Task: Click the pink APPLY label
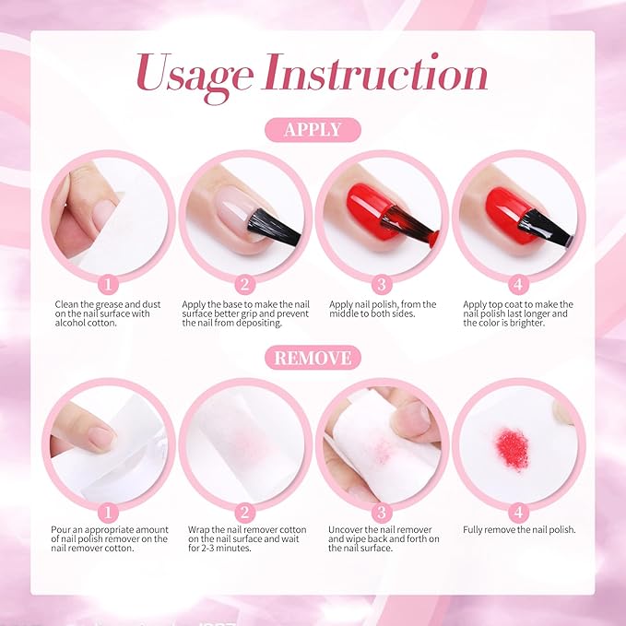point(313,130)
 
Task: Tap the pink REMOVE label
point(313,358)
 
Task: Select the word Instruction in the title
point(375,72)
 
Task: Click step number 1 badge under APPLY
point(108,284)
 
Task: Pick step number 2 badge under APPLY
point(244,284)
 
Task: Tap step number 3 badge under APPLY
point(382,284)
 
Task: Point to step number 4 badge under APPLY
point(518,284)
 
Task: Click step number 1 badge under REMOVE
point(108,513)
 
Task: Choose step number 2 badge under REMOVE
point(244,513)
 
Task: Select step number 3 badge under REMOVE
point(382,513)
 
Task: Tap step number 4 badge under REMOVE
point(518,513)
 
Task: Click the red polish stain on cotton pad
point(513,449)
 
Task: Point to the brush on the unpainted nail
point(274,227)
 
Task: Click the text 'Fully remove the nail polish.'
point(519,530)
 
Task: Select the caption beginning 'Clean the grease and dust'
point(108,313)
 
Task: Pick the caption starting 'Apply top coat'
point(518,313)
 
